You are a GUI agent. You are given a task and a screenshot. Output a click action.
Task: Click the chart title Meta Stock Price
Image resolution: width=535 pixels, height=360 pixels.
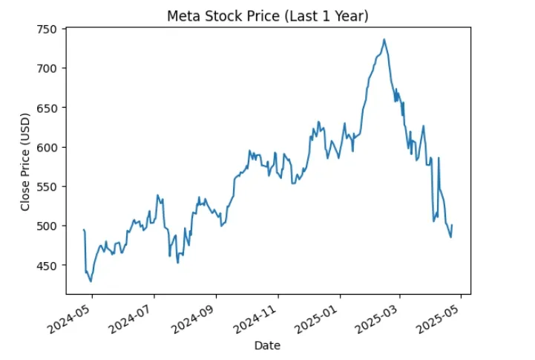click(x=267, y=16)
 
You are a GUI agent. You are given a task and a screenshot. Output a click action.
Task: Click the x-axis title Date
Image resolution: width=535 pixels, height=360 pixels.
click(x=267, y=345)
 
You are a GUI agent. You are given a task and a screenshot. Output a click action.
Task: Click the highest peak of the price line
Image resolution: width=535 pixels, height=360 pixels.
click(x=384, y=39)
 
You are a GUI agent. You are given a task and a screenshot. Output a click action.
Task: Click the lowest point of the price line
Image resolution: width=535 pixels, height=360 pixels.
click(x=91, y=281)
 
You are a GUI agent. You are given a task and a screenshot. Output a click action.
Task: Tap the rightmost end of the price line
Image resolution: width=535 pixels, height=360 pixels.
click(x=452, y=225)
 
